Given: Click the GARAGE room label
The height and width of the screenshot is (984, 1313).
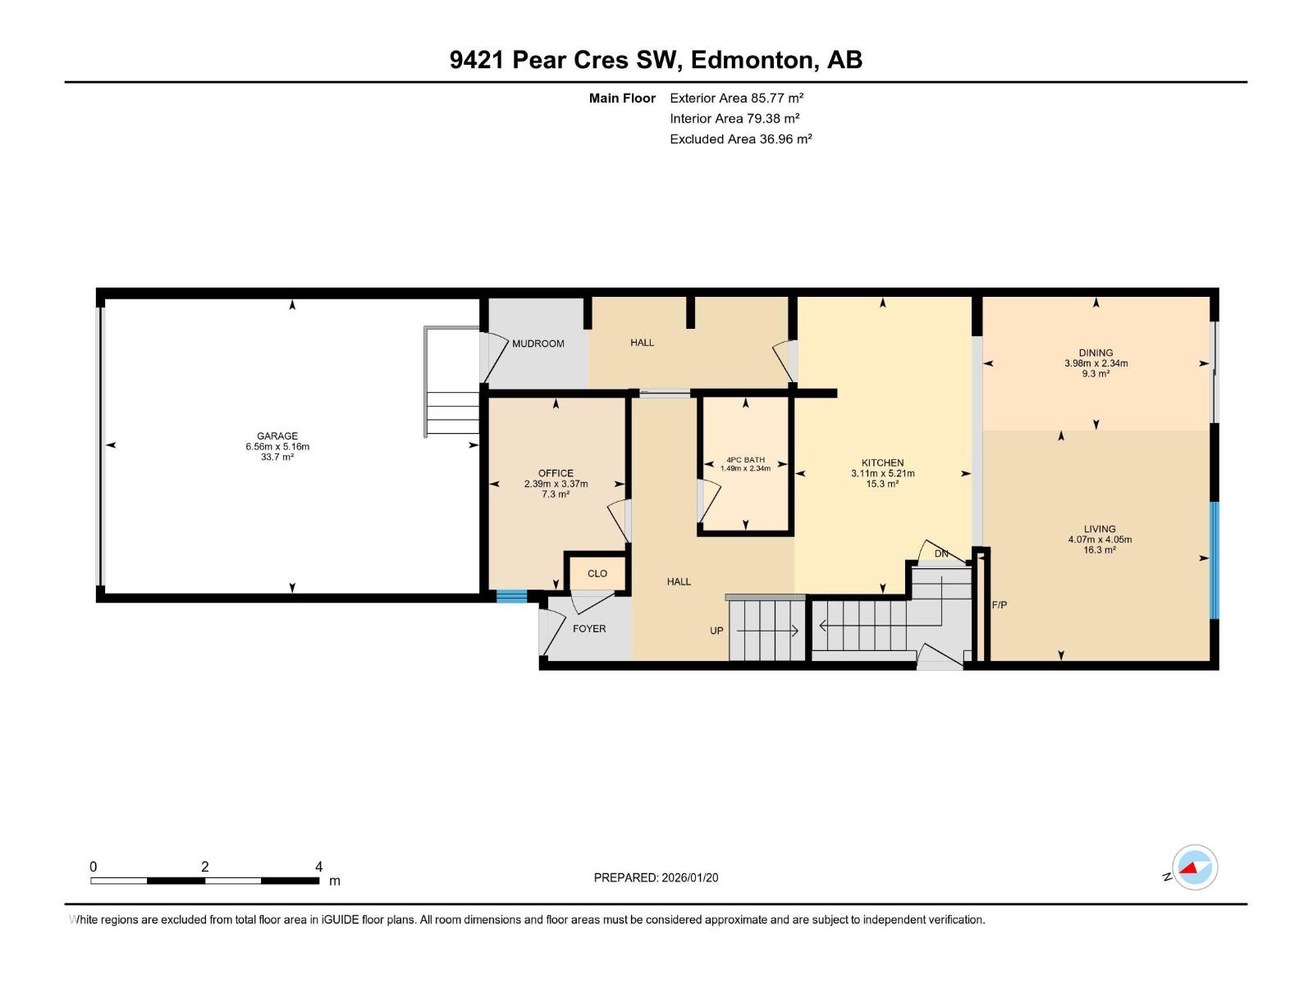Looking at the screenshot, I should pyautogui.click(x=277, y=436).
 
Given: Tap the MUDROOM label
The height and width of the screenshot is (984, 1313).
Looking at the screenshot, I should pyautogui.click(x=538, y=344).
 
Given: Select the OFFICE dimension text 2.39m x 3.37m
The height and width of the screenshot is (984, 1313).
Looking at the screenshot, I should pyautogui.click(x=556, y=484).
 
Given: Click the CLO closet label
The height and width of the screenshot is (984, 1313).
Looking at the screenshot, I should pyautogui.click(x=597, y=573).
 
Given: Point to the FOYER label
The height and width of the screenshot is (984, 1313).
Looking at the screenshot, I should pyautogui.click(x=589, y=629).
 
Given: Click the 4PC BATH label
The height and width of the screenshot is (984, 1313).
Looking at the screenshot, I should pyautogui.click(x=745, y=460).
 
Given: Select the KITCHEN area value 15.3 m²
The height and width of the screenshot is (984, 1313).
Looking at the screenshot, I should pyautogui.click(x=882, y=484).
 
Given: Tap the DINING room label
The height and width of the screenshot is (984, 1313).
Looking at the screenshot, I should pyautogui.click(x=1096, y=353).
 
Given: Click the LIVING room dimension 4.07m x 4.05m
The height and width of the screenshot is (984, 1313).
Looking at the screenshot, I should pyautogui.click(x=1100, y=540).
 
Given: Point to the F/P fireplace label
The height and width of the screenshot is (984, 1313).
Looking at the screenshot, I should pyautogui.click(x=999, y=605).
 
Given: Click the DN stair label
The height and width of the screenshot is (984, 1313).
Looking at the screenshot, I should pyautogui.click(x=941, y=553).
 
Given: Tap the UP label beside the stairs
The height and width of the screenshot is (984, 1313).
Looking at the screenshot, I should pyautogui.click(x=716, y=631).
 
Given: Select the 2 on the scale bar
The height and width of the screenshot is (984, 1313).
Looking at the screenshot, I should pyautogui.click(x=204, y=867).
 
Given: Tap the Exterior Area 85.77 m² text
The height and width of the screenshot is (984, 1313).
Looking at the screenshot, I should pyautogui.click(x=736, y=98).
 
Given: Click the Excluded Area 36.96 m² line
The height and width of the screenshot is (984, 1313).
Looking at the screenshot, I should pyautogui.click(x=740, y=139).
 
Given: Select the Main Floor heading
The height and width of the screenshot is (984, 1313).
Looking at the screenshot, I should pyautogui.click(x=622, y=98).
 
